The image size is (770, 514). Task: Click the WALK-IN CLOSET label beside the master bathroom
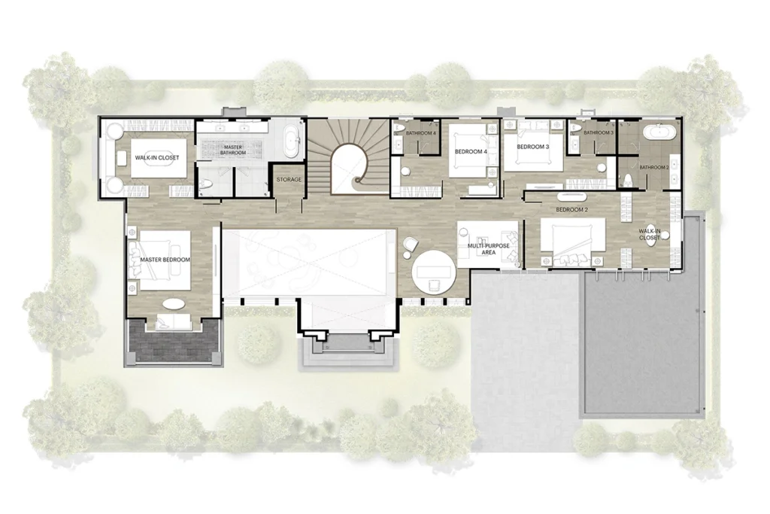pos(157,158)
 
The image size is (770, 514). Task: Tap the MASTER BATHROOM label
pos(233,150)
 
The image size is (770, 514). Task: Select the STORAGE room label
pos(289,180)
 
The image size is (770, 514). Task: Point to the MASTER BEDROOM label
pos(165,260)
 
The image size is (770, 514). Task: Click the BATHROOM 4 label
pos(421,133)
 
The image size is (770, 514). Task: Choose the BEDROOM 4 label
pos(471,152)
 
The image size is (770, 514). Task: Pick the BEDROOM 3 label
pos(533,147)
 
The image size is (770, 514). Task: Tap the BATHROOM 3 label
pos(599,132)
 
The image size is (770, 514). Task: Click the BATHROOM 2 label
pos(654,168)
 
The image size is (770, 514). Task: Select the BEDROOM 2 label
pos(572,210)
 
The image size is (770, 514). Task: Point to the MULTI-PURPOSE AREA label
pos(488,248)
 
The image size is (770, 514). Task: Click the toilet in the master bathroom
pos(206,184)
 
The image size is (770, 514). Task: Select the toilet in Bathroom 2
pos(626,181)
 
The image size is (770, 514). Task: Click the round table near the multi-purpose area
pos(434,272)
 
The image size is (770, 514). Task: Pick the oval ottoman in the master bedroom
pos(174,304)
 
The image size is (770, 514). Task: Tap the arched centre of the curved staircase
pos(349,169)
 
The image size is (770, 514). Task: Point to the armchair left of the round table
pos(410,245)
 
